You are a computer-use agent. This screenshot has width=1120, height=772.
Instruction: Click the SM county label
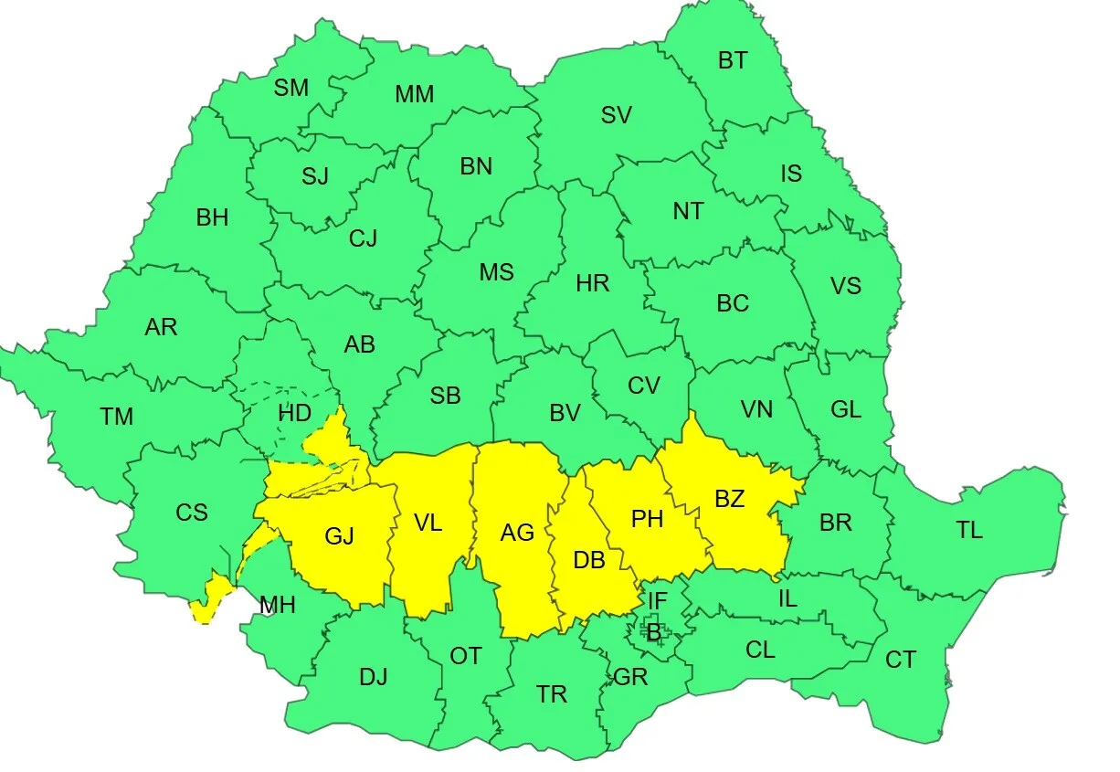tap(291, 88)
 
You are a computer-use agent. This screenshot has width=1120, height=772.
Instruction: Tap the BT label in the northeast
tap(733, 61)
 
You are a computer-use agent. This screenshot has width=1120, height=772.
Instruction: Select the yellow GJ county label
tap(339, 537)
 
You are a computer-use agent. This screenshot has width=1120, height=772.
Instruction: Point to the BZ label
tap(730, 499)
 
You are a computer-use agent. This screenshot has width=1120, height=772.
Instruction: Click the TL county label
tap(969, 530)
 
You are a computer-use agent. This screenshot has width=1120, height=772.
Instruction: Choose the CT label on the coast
tap(900, 660)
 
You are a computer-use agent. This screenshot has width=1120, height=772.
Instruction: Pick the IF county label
tap(658, 601)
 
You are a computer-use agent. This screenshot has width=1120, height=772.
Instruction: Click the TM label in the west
tap(117, 418)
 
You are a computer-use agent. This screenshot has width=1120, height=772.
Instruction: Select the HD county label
tap(294, 413)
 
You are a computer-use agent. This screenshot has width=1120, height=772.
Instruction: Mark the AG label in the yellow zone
tap(517, 533)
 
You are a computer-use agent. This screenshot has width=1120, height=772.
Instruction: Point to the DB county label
tap(589, 560)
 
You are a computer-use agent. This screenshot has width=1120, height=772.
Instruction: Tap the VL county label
tap(428, 523)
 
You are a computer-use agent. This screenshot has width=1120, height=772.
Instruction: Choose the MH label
tap(278, 605)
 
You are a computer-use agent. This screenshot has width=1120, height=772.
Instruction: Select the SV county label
tap(617, 116)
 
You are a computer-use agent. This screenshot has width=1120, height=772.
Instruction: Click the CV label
tap(643, 386)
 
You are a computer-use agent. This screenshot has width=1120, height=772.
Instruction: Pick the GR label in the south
tap(631, 677)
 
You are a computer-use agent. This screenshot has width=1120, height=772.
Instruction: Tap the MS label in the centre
tap(497, 272)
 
